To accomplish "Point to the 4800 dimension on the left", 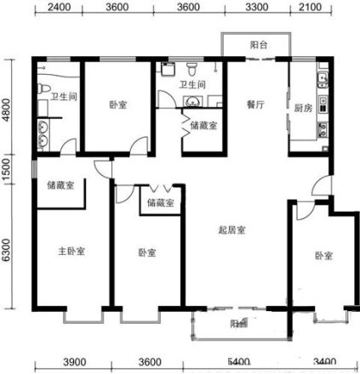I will pos(8,109).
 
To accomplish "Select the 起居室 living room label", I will pos(235,230).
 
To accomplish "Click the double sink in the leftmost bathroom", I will pos(43,131).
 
